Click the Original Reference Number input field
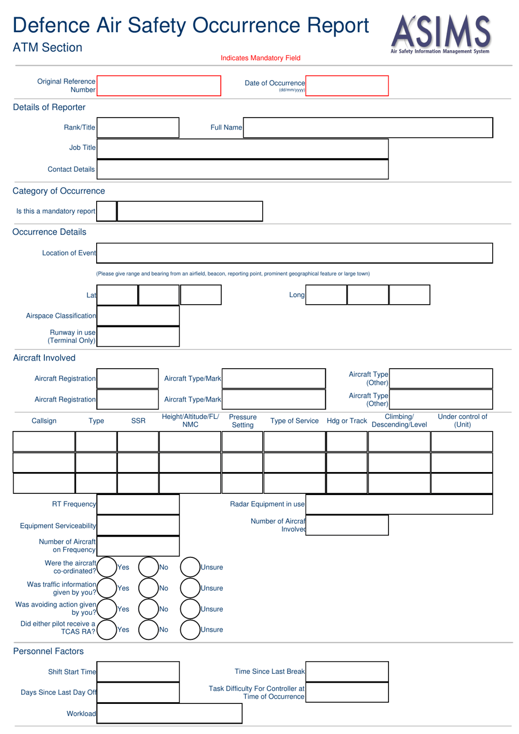click(x=158, y=86)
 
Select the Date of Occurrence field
click(x=347, y=86)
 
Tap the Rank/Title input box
click(x=138, y=127)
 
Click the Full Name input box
click(x=368, y=127)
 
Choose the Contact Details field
click(x=243, y=170)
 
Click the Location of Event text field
click(x=294, y=253)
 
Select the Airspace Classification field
click(x=138, y=316)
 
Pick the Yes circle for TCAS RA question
click(x=107, y=630)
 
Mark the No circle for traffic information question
click(x=148, y=588)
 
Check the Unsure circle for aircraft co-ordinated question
click(x=190, y=567)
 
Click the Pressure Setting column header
click(x=243, y=421)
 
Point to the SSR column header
click(x=138, y=421)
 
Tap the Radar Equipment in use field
click(x=399, y=504)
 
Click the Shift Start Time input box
click(x=138, y=672)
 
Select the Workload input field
click(x=169, y=713)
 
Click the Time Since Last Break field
click(x=347, y=672)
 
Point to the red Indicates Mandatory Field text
click(x=261, y=58)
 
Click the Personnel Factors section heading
click(x=49, y=651)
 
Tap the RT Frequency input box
click(x=138, y=504)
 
